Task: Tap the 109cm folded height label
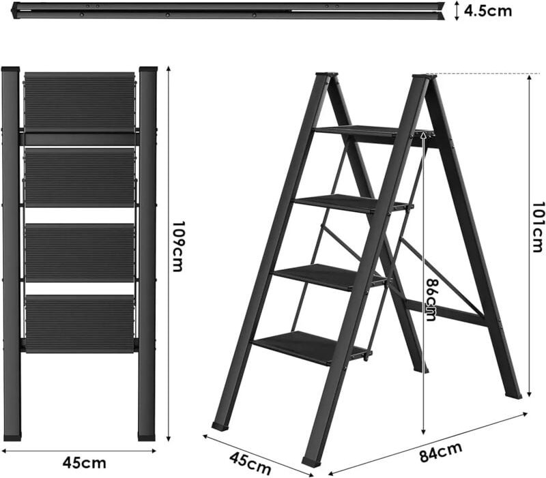pyautogui.click(x=177, y=246)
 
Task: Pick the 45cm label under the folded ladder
pyautogui.click(x=84, y=463)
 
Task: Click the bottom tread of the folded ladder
pyautogui.click(x=80, y=323)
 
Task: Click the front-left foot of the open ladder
pyautogui.click(x=220, y=425)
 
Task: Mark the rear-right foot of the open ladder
pyautogui.click(x=514, y=393)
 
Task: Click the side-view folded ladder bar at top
pyautogui.click(x=225, y=10)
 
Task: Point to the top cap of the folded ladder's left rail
pyautogui.click(x=10, y=70)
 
